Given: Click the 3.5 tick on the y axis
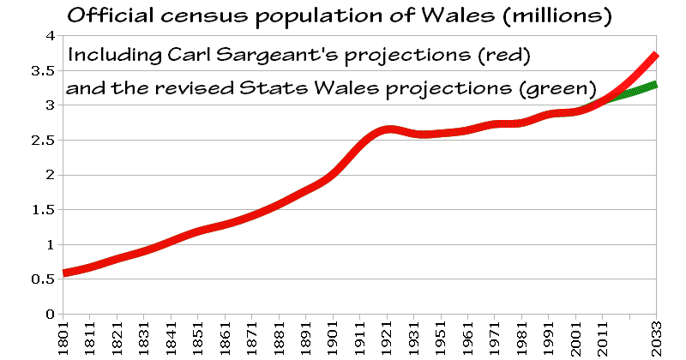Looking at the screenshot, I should click(43, 70).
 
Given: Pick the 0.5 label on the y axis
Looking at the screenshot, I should click(43, 279).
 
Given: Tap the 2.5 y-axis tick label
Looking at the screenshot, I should click(43, 140).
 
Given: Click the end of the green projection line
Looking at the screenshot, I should click(656, 84).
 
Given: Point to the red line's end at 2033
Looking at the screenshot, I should click(656, 55).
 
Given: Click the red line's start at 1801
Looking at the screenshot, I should click(66, 273).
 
